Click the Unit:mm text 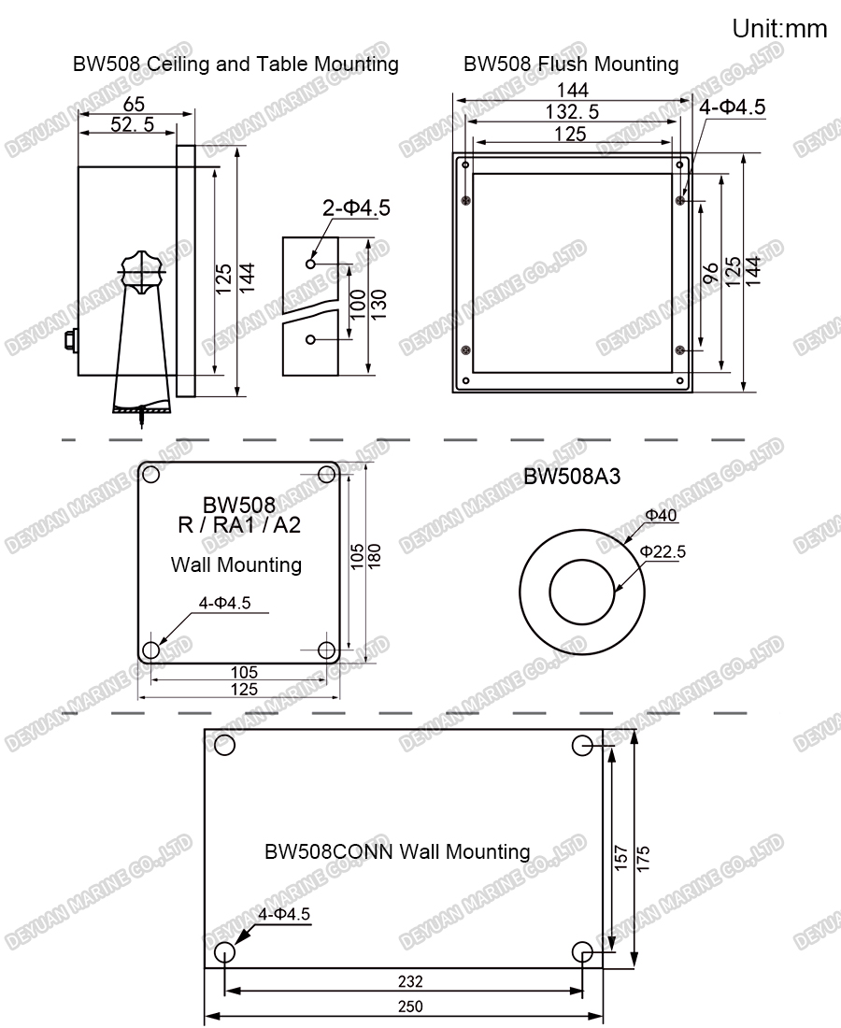coord(779,29)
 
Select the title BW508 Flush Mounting coord(571,64)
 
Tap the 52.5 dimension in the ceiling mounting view coord(132,125)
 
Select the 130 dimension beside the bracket coord(380,305)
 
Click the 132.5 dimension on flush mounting coord(572,112)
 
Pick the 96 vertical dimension coord(710,272)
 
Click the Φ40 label coord(662,515)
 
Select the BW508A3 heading coord(572,477)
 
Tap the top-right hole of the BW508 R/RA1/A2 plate coord(327,474)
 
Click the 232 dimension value coord(409,981)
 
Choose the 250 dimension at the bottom coord(409,1007)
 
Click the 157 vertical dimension coord(620,859)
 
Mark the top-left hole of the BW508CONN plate coord(224,745)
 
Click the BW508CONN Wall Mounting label coord(397,851)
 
